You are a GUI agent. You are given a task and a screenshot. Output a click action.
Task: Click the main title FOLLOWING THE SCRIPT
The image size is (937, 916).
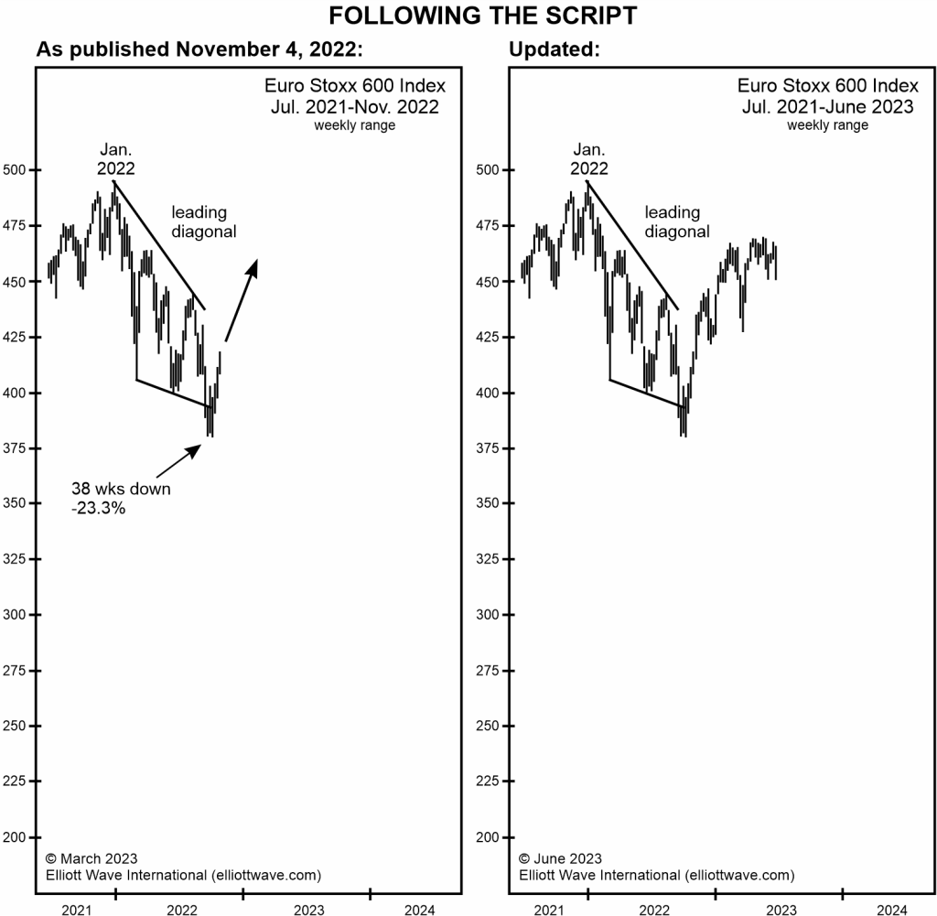click(x=469, y=16)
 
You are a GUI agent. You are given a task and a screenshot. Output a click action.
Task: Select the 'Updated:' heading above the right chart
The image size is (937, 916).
click(x=555, y=49)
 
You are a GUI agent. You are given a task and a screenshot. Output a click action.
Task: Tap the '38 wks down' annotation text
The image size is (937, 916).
click(x=121, y=489)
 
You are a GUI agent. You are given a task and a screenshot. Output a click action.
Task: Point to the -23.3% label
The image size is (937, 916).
click(x=98, y=508)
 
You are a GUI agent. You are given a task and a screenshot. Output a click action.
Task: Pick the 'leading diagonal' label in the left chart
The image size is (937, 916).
click(x=203, y=222)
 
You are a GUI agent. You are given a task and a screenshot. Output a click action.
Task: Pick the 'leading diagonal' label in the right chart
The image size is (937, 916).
click(x=676, y=222)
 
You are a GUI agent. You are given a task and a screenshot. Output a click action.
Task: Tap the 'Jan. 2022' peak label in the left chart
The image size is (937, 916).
click(x=116, y=159)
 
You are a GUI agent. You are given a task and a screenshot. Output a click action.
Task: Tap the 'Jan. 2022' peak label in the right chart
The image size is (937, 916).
click(x=589, y=159)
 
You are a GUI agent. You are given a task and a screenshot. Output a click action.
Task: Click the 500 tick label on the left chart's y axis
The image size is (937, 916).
click(x=16, y=170)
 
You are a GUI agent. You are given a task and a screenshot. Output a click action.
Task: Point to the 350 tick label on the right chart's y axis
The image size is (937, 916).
click(x=490, y=503)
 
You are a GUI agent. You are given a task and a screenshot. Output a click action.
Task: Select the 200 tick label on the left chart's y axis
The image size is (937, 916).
click(x=16, y=837)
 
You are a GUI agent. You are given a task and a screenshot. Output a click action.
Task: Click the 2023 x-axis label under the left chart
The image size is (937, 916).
click(x=309, y=909)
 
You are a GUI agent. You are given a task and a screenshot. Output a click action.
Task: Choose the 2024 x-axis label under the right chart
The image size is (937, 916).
click(x=892, y=909)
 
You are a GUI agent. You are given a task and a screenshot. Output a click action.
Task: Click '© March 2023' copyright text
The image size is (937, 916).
click(x=92, y=858)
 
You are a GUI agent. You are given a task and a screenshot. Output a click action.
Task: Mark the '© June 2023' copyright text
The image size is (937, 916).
click(x=560, y=858)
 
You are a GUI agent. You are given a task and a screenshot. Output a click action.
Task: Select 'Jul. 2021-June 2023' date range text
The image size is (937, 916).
click(x=828, y=106)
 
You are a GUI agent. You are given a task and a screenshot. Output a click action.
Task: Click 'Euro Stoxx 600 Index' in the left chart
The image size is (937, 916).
click(x=355, y=85)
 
